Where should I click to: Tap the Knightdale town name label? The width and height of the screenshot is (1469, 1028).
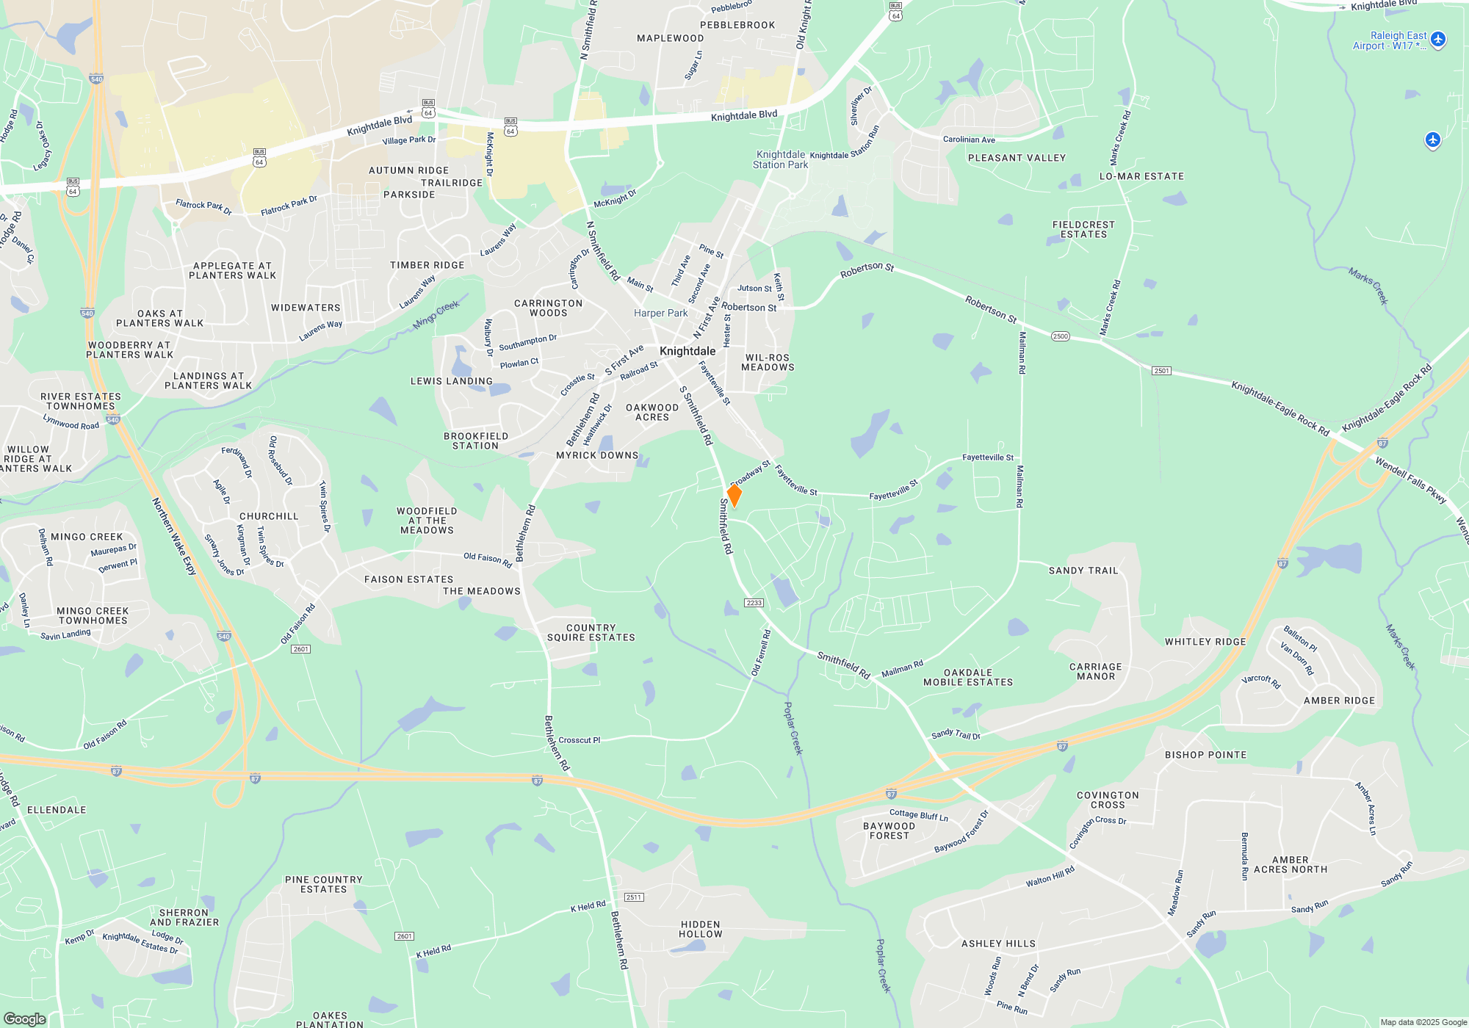[687, 351]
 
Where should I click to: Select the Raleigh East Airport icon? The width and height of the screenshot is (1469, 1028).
[1438, 40]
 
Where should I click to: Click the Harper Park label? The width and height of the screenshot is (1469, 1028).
[660, 314]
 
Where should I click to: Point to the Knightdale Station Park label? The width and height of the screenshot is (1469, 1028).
[780, 160]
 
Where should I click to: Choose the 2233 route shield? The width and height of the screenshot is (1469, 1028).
[754, 603]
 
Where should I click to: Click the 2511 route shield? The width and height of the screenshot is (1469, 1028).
[633, 897]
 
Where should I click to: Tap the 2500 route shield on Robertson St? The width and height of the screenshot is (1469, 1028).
[1060, 336]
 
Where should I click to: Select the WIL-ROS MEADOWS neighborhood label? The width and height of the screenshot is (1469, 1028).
[768, 363]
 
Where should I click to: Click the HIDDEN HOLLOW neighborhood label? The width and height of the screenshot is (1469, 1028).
[701, 930]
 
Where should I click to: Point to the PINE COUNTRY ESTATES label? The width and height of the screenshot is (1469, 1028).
[323, 884]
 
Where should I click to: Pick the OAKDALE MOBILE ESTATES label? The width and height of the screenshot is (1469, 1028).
[968, 678]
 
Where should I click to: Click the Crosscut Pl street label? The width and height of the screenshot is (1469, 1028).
[579, 740]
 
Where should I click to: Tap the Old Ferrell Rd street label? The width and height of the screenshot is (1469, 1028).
[761, 653]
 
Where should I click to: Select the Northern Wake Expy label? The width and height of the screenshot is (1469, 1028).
[174, 536]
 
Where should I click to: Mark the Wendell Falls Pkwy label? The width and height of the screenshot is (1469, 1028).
[1410, 481]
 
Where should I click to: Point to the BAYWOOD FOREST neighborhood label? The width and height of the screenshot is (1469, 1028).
[889, 830]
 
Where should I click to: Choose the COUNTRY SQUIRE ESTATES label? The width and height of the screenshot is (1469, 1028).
[591, 633]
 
